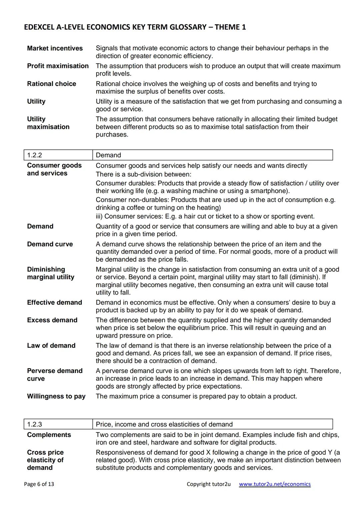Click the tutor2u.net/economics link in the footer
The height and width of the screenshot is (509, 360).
275,484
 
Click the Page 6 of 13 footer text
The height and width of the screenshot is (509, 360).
39,484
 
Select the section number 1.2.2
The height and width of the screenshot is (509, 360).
35,155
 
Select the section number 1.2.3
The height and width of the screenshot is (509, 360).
35,424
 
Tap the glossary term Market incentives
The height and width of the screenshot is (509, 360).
55,48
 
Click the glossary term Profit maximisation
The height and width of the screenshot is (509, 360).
58,66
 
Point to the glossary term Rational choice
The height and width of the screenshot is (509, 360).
51,84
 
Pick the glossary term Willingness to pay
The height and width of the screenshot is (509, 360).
56,396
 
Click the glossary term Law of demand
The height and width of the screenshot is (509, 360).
51,346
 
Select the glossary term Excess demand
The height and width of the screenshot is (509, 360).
52,320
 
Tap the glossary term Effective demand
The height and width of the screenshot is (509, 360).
54,303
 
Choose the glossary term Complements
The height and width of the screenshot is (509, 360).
49,435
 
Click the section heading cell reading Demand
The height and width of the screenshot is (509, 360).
108,155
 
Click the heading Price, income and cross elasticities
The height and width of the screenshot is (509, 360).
164,424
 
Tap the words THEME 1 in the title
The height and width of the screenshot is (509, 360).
230,27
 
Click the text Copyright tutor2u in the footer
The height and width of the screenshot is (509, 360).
208,484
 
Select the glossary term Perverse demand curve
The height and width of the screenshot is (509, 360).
55,375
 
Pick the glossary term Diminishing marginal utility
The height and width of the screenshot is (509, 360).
51,273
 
